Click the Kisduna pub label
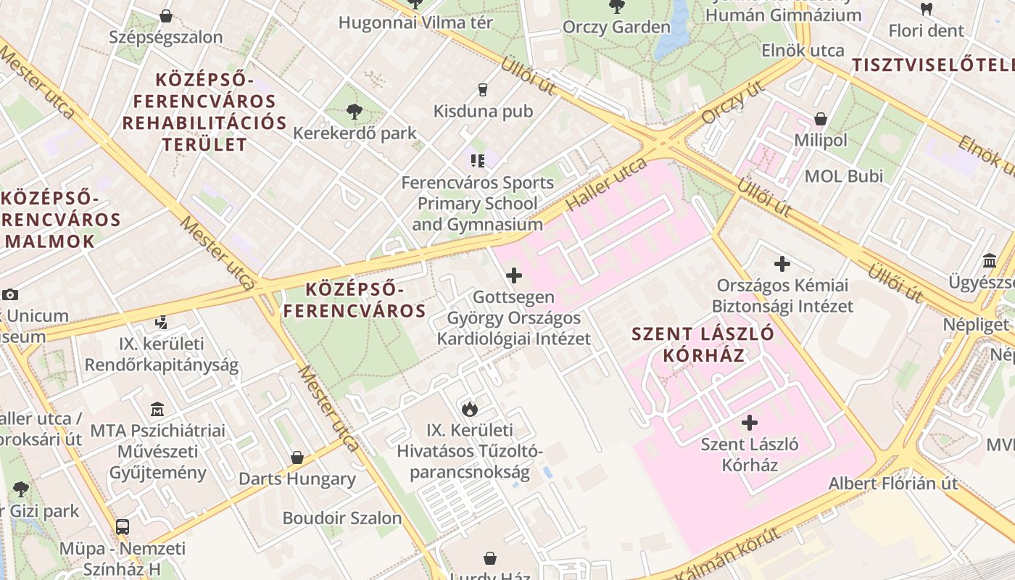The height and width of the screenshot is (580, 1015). [x=483, y=111]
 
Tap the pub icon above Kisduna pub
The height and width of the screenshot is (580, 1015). [x=483, y=90]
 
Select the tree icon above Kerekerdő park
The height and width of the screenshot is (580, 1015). [x=355, y=112]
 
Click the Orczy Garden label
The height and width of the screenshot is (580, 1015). [x=617, y=28]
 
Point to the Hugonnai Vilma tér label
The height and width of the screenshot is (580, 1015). [x=415, y=22]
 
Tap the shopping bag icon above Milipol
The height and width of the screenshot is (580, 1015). [x=821, y=119]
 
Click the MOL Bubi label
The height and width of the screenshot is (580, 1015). [x=844, y=176]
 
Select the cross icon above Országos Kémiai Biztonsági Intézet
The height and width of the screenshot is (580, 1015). [x=782, y=264]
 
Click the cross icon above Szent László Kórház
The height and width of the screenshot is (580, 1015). [x=750, y=422]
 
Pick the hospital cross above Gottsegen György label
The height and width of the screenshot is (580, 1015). [x=514, y=275]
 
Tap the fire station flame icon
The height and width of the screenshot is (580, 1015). [x=470, y=409]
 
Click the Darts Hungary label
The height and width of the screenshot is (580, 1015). [x=297, y=478]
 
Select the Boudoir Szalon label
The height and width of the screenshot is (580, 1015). [x=341, y=518]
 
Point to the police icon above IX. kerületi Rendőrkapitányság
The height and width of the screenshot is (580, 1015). [x=162, y=323]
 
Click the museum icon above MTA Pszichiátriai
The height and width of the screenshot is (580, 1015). [x=157, y=410]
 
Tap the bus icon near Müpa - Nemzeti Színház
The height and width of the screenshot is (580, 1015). [x=123, y=527]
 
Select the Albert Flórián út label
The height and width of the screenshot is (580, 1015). [x=893, y=484]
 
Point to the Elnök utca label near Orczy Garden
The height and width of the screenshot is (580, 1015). [x=803, y=51]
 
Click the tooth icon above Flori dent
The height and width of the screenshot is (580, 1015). [x=926, y=9]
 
